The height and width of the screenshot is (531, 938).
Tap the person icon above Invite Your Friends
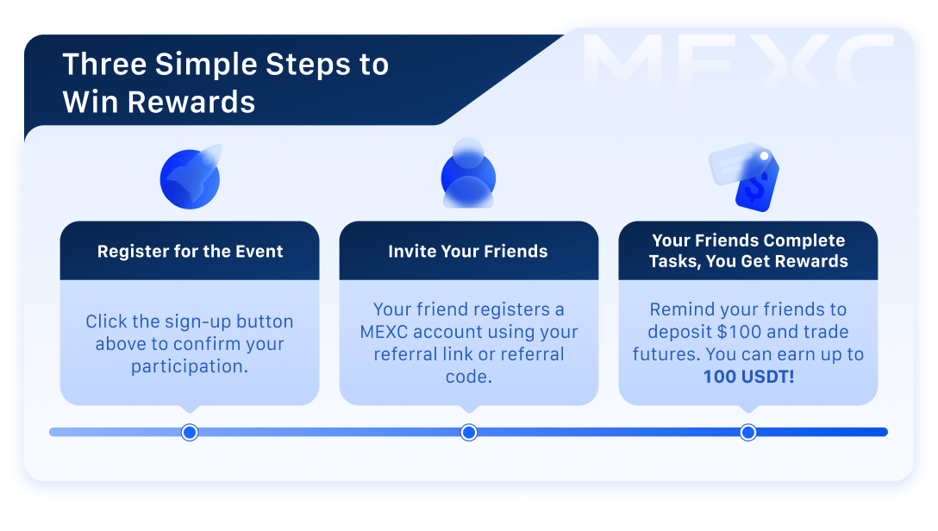[x=468, y=174]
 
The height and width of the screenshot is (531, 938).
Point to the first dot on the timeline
[x=190, y=432]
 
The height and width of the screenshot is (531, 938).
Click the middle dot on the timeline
[x=469, y=432]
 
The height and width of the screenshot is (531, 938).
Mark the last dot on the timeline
[x=748, y=432]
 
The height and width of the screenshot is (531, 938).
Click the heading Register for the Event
[x=190, y=252]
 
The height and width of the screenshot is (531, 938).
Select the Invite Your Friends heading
[x=468, y=252]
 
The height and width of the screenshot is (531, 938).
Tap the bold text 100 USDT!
[x=747, y=376]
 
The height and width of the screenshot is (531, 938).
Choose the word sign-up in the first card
[x=190, y=322]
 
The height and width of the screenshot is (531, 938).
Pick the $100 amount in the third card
[x=755, y=332]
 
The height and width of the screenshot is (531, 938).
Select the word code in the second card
[x=468, y=376]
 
